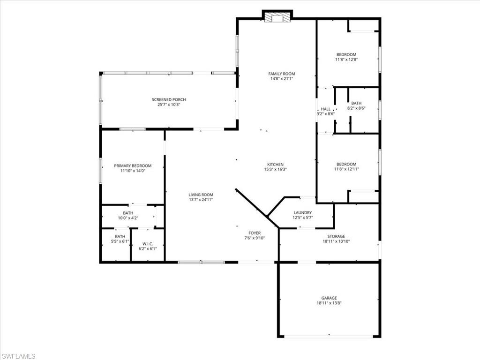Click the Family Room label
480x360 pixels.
[x=282, y=74]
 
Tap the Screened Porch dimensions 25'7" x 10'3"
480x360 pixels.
[x=169, y=105]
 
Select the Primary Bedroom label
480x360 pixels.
[x=133, y=165]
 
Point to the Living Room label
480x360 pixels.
[x=201, y=195]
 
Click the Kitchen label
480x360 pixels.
[x=276, y=164]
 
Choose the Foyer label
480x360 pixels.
[x=255, y=232]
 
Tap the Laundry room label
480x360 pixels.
[x=302, y=212]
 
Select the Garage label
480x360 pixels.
[x=329, y=298]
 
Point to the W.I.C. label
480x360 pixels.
[x=147, y=243]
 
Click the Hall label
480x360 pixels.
[x=325, y=109]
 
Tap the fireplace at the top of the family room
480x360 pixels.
[x=277, y=18]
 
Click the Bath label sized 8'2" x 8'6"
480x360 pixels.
[x=356, y=103]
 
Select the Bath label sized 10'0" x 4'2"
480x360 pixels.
[x=128, y=213]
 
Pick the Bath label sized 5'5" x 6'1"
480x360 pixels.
[x=120, y=236]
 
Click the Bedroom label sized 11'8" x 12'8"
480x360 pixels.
[x=346, y=54]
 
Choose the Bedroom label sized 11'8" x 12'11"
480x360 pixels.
[x=346, y=164]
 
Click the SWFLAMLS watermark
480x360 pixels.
[x=18, y=356]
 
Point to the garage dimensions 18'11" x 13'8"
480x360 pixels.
[x=329, y=303]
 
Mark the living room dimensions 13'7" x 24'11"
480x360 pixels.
[x=201, y=200]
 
